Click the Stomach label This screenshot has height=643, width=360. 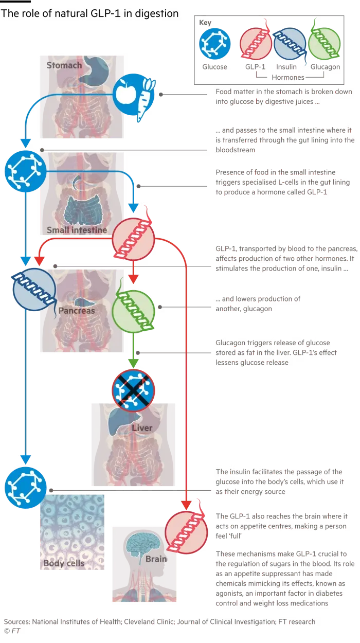point(64,65)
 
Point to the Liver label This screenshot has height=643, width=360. point(142,428)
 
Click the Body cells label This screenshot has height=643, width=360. point(64,563)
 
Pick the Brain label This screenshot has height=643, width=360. point(156,559)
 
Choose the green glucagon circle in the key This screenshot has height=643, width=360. point(323,44)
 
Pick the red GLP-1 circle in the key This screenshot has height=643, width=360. point(256,44)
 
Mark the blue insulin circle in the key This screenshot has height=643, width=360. point(290,44)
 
